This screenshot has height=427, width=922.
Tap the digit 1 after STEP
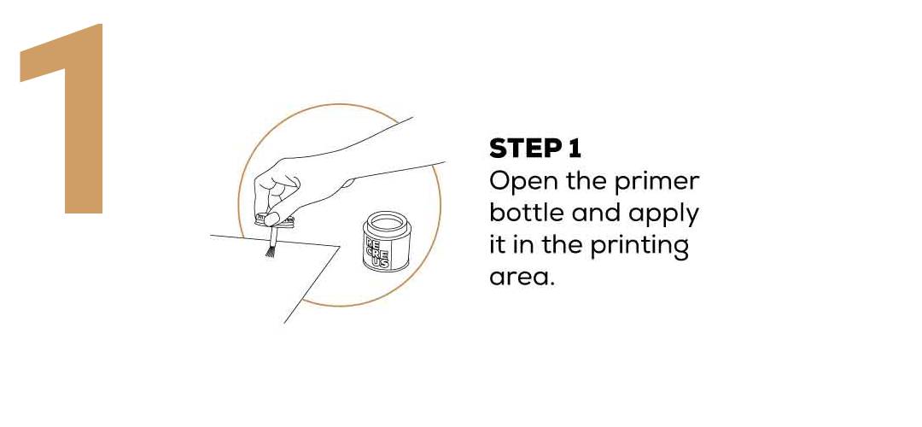pyautogui.click(x=574, y=149)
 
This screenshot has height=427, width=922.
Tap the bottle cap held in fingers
pyautogui.click(x=276, y=222)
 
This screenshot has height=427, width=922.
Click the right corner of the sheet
pyautogui.click(x=339, y=247)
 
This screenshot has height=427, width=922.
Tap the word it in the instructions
pyautogui.click(x=498, y=245)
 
